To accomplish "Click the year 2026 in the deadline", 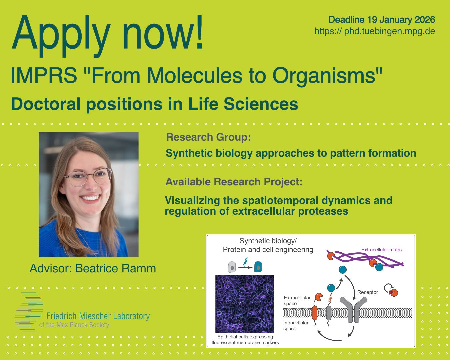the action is [x=425, y=20].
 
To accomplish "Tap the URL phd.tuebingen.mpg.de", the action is [x=390, y=31].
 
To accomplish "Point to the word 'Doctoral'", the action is [x=46, y=104].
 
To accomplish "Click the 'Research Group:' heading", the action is [x=208, y=137].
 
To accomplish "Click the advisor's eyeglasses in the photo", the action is [x=89, y=177].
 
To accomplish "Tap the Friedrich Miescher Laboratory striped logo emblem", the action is [x=29, y=312].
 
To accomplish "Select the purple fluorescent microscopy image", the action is [x=244, y=304].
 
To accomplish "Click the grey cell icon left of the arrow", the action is [x=232, y=267].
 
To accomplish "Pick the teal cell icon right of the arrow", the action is [x=258, y=267].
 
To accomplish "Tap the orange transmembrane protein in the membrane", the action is [x=314, y=313].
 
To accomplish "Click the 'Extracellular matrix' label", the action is [x=382, y=250].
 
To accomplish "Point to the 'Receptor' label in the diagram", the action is [x=367, y=292].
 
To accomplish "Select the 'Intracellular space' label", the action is [x=296, y=325].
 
